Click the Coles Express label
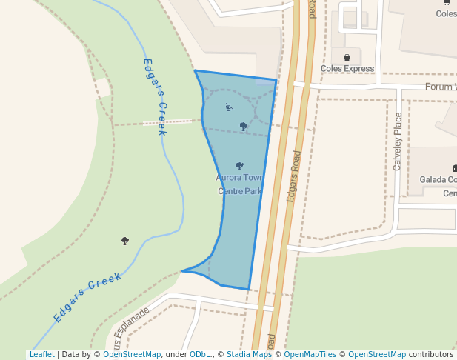click(x=347, y=69)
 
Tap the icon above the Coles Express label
click(x=347, y=57)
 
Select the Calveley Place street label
click(x=398, y=141)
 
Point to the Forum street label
click(x=440, y=87)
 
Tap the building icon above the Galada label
click(x=454, y=169)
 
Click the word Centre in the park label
click(x=231, y=191)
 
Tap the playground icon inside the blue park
click(x=229, y=107)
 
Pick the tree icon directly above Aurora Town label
click(x=239, y=166)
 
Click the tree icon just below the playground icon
click(x=244, y=127)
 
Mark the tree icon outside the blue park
click(x=124, y=241)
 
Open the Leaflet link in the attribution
click(x=41, y=355)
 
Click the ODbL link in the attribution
click(x=199, y=355)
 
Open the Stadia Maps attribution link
click(x=249, y=355)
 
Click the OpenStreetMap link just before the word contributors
click(x=376, y=355)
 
